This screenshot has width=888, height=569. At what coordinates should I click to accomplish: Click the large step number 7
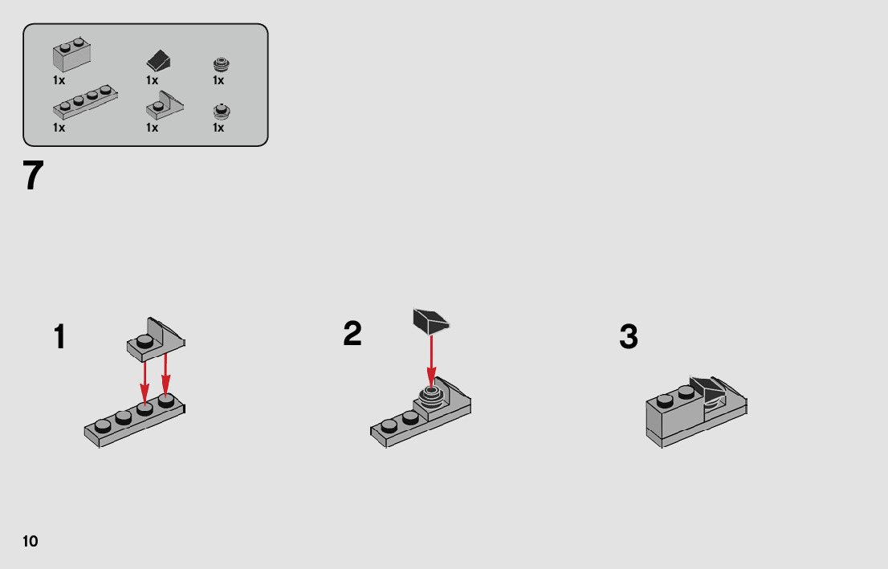34,176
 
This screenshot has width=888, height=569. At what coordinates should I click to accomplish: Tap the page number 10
31,541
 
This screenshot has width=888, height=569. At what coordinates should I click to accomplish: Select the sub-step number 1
59,337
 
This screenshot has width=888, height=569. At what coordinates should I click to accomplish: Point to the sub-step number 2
352,334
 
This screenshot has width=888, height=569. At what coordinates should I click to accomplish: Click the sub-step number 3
629,337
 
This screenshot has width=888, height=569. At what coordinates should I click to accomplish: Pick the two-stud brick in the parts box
72,55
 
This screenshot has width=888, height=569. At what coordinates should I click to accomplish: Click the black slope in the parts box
159,60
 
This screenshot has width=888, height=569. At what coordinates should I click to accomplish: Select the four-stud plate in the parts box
86,102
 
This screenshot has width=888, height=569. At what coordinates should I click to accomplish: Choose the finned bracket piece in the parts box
165,105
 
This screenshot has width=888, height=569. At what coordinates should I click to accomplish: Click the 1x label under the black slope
153,80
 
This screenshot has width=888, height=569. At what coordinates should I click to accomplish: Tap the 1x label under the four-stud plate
59,128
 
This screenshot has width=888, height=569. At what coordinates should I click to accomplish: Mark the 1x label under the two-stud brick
59,80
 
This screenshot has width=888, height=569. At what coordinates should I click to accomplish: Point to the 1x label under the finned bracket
153,128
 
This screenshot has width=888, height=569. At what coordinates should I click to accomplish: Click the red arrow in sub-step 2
431,361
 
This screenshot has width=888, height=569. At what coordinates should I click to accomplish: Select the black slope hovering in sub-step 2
431,321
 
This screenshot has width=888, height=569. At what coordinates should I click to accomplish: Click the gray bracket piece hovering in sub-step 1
156,339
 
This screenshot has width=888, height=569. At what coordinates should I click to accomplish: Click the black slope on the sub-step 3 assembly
707,390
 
